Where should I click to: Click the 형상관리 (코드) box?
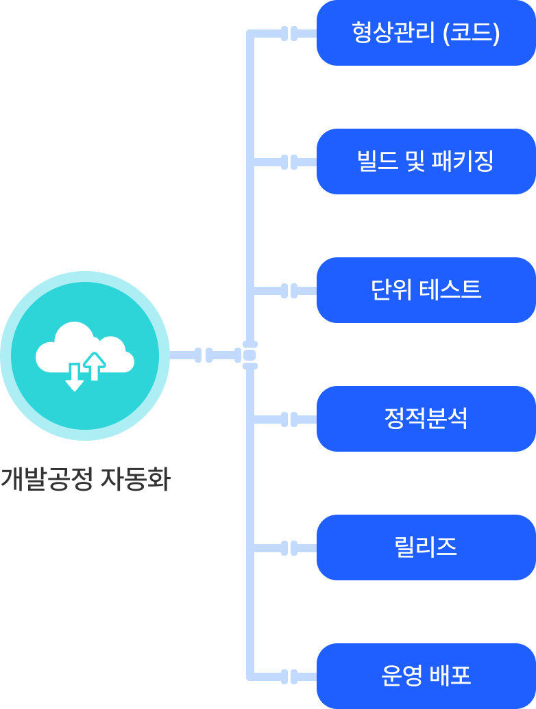coord(426,33)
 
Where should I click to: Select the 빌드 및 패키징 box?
coord(426,162)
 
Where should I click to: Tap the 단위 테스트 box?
coord(426,290)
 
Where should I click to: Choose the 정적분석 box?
coord(426,419)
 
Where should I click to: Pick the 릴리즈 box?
coord(426,547)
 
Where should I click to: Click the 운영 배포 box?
coord(426,676)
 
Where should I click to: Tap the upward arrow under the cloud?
coord(95,366)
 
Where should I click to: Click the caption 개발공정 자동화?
coord(85,480)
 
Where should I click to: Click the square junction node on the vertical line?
coord(249,355)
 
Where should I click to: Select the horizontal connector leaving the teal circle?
coord(203,355)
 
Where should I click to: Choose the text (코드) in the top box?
coord(472,33)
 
